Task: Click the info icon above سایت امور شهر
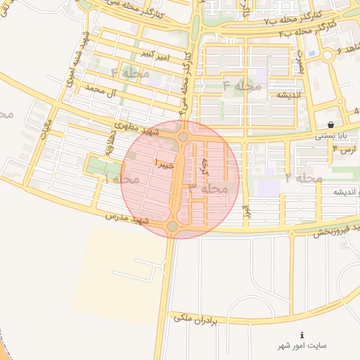(x=302, y=335)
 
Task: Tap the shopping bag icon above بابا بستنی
(x=330, y=124)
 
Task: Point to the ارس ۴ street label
(x=347, y=150)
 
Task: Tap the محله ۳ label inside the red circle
(x=208, y=188)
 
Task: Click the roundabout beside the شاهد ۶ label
(x=328, y=56)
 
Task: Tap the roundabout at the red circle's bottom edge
(x=172, y=226)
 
